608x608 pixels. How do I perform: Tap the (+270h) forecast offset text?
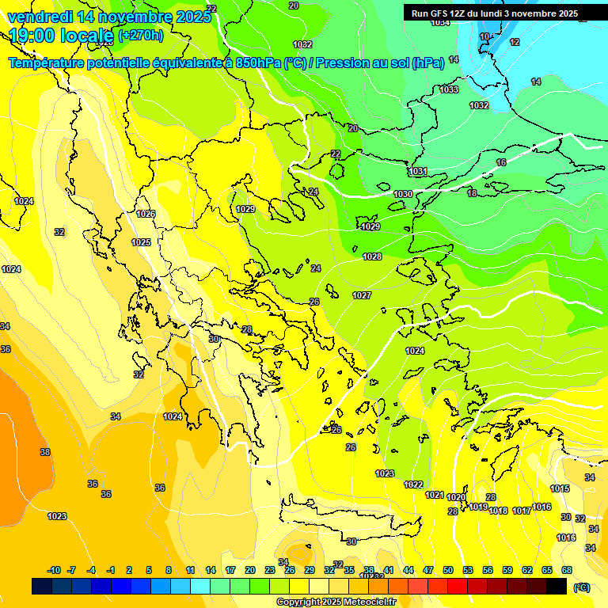click(140, 35)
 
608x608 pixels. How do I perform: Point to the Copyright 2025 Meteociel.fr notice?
click(336, 602)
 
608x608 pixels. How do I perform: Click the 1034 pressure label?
click(440, 22)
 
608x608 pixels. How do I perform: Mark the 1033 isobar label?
click(449, 89)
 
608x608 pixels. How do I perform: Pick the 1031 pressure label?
click(418, 172)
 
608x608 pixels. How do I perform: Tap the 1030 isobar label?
click(403, 194)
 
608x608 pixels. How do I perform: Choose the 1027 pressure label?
click(362, 295)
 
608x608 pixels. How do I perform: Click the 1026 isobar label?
click(146, 214)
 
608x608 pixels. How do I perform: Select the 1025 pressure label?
click(141, 242)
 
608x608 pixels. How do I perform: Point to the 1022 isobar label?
click(413, 484)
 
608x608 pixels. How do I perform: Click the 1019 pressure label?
click(478, 507)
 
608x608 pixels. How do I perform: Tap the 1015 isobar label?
click(560, 488)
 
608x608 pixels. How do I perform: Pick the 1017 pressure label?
click(521, 511)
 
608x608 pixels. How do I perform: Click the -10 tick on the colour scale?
click(54, 570)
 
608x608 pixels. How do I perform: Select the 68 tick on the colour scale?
click(567, 570)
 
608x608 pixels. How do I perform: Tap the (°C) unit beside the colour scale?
click(581, 587)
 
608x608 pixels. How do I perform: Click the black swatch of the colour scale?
click(557, 587)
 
